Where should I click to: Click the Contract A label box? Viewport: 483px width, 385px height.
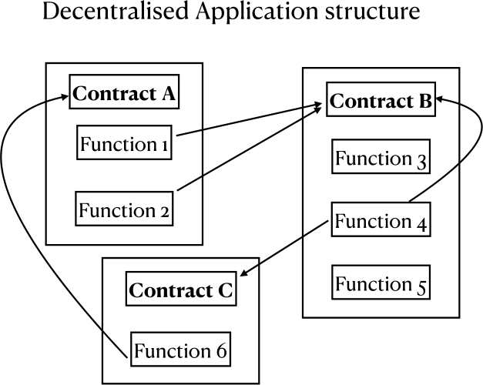tap(124, 95)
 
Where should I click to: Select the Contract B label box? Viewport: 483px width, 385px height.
tap(381, 102)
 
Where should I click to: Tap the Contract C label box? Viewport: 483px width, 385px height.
tap(180, 290)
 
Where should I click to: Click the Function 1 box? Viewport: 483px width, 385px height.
tap(124, 144)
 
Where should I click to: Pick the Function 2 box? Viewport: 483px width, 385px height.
tap(124, 209)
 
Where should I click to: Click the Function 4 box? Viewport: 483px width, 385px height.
tap(381, 223)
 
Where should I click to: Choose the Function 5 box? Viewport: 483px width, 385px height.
tap(381, 284)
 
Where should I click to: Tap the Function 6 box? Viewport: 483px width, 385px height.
tap(180, 351)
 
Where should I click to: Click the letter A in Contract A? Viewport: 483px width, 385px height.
tap(167, 95)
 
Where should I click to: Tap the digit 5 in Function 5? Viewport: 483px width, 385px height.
tap(421, 286)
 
